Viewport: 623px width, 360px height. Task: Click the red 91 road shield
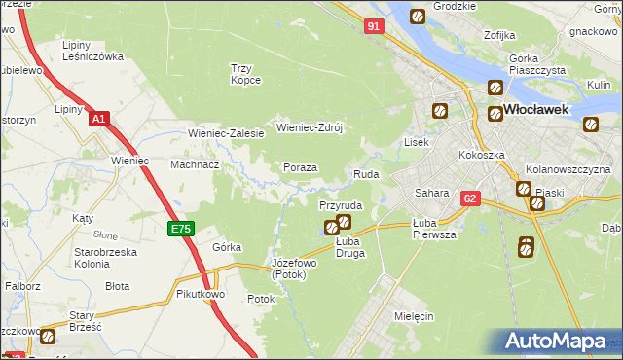click(375, 27)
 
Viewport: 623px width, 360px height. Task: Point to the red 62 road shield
click(471, 198)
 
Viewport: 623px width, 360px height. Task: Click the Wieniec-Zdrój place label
click(311, 127)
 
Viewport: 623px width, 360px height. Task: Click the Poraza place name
click(300, 167)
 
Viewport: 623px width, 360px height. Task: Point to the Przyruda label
click(341, 206)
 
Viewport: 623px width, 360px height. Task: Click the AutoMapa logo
click(557, 342)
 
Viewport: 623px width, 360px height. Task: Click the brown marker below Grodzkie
click(418, 17)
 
